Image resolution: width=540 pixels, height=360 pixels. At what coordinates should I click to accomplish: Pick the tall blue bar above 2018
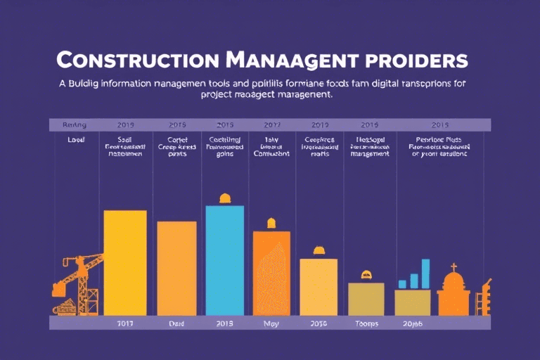coord(224,260)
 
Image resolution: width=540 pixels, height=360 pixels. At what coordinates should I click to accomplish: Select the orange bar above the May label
coord(271,273)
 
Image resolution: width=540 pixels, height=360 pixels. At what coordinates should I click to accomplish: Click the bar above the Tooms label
coord(366,299)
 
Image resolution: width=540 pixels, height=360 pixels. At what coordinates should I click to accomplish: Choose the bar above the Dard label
coord(176,268)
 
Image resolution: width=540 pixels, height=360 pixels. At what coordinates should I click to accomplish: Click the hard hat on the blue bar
coord(225,198)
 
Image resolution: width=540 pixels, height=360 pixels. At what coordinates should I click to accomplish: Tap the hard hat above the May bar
coord(271,224)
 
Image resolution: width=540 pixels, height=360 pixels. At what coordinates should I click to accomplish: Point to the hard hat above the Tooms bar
coord(366,275)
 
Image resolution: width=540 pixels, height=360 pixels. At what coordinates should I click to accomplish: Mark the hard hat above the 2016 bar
coord(319,250)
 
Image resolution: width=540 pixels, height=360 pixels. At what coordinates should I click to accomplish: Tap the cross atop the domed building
coord(454,267)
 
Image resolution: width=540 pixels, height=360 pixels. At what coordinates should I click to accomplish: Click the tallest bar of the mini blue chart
coord(425,274)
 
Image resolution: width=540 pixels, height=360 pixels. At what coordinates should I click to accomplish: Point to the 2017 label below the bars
coord(124,323)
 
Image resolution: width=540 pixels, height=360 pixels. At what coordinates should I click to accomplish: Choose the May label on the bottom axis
coord(271,323)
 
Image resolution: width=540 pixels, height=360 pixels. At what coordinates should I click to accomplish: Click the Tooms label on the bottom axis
coord(366,323)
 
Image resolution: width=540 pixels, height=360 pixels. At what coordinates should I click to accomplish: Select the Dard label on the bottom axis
coord(176,323)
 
